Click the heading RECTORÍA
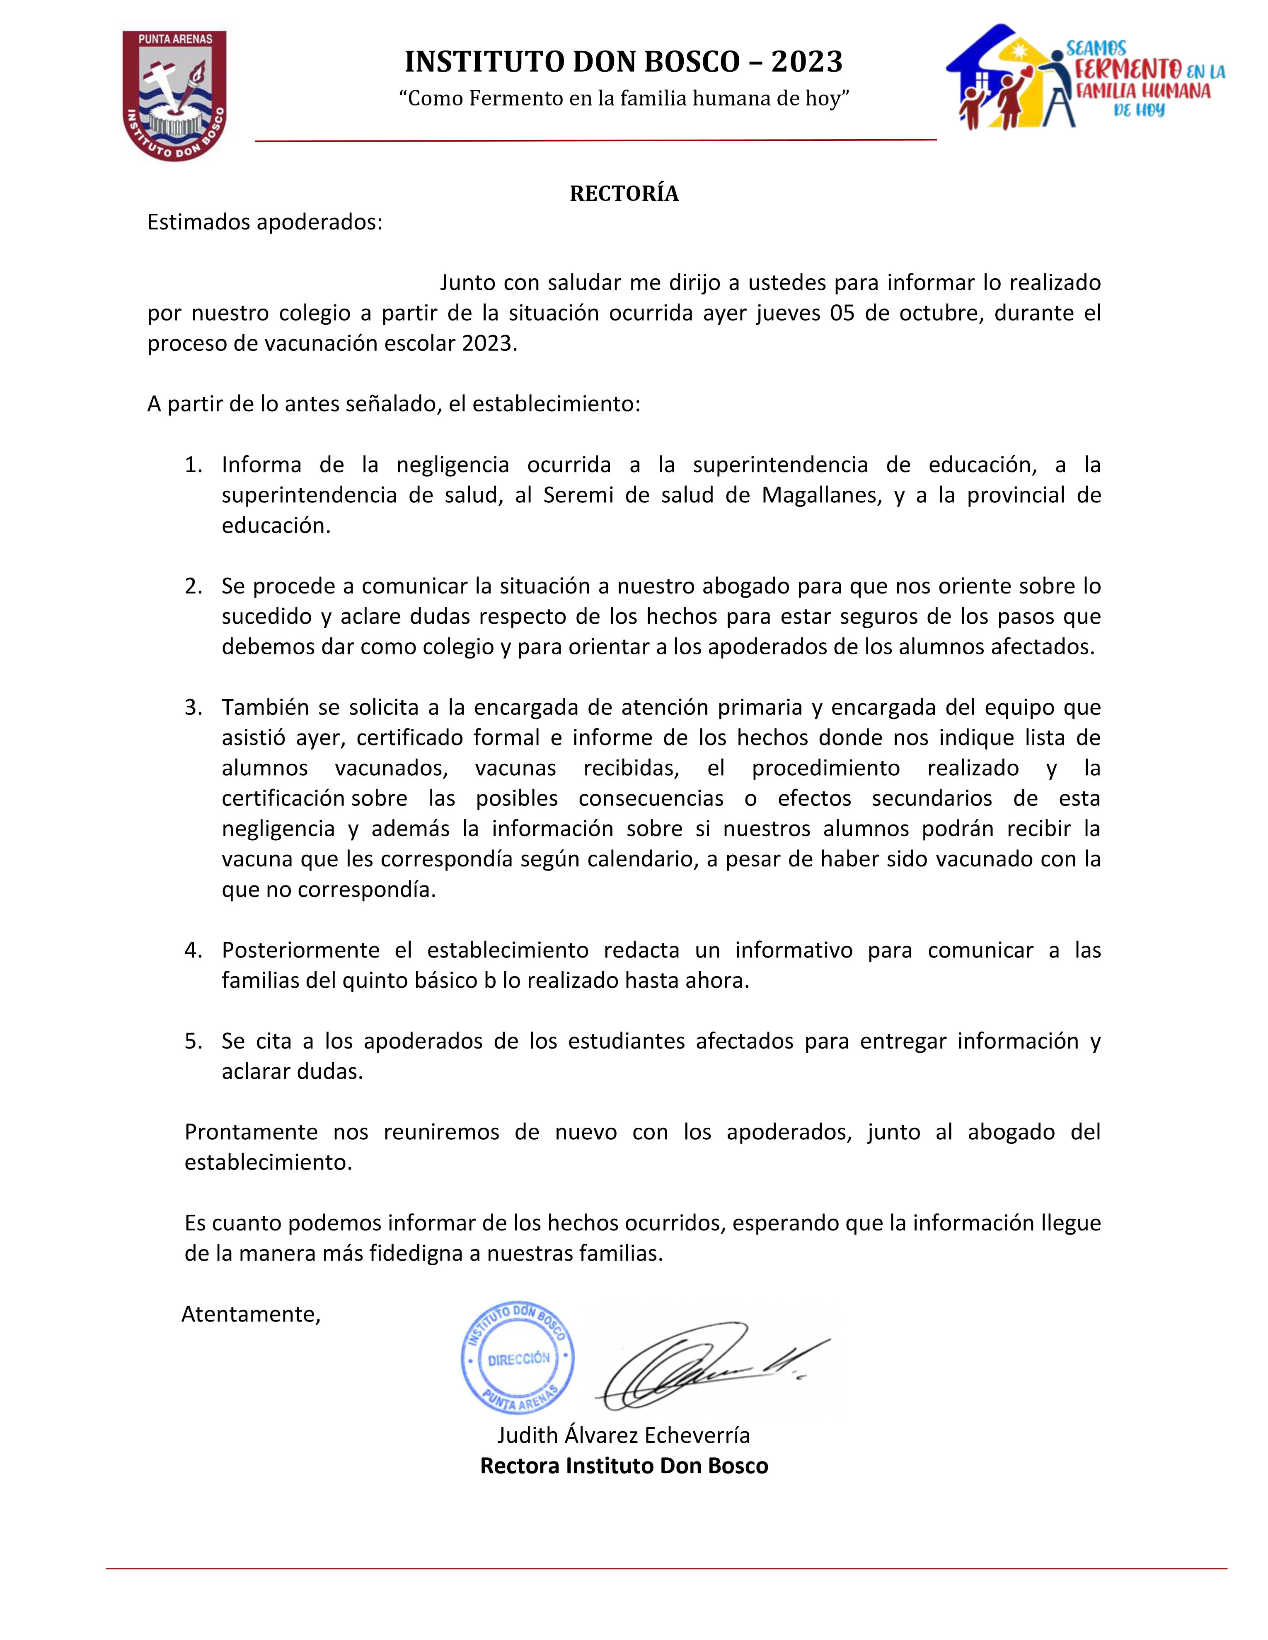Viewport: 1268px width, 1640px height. tap(624, 194)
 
